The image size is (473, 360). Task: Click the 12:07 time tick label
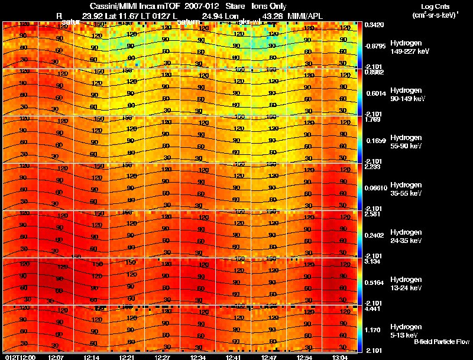coord(56,357)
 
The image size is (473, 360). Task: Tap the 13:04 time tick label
coord(340,357)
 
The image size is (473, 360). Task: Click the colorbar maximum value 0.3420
coord(374,25)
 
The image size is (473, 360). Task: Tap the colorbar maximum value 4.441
coord(372,309)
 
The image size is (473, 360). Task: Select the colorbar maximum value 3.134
coord(372,261)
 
